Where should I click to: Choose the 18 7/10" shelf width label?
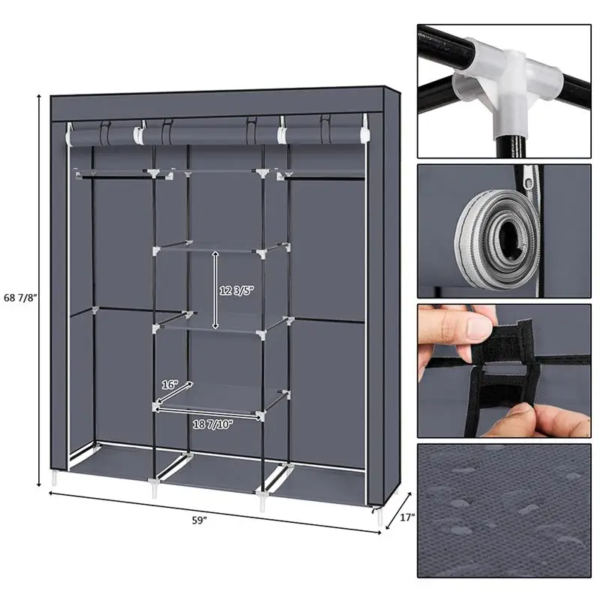click(x=212, y=424)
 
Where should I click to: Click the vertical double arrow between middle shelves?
click(x=215, y=290)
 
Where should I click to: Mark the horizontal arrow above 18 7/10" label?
click(x=210, y=412)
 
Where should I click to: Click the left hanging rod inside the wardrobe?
click(x=112, y=177)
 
